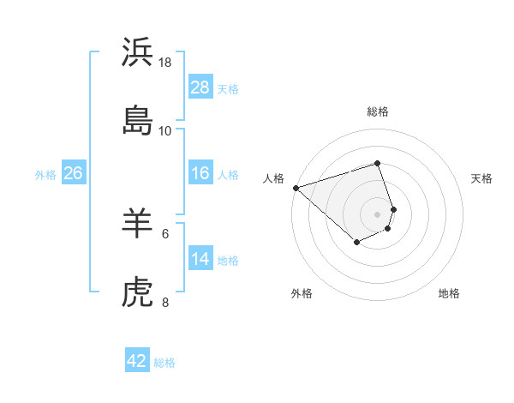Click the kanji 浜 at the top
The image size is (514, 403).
[137, 53]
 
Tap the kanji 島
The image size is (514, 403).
[137, 120]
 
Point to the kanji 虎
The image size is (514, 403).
[137, 293]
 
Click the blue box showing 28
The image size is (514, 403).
[200, 87]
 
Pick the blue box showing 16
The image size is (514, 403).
[200, 173]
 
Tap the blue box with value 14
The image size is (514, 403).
[200, 259]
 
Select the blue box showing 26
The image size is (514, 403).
[73, 173]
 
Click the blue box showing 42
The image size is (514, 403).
[137, 361]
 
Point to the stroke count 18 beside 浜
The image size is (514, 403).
[165, 63]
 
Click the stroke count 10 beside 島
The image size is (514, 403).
[165, 130]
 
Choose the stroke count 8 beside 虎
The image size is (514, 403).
[165, 302]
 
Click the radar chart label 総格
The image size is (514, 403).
[378, 111]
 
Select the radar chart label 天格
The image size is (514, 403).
[482, 178]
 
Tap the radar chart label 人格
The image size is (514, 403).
[273, 178]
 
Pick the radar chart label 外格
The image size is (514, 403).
[302, 293]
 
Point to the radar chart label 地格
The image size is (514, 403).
[449, 293]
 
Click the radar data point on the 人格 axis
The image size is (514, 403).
[296, 188]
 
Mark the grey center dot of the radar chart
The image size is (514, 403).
[378, 214]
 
